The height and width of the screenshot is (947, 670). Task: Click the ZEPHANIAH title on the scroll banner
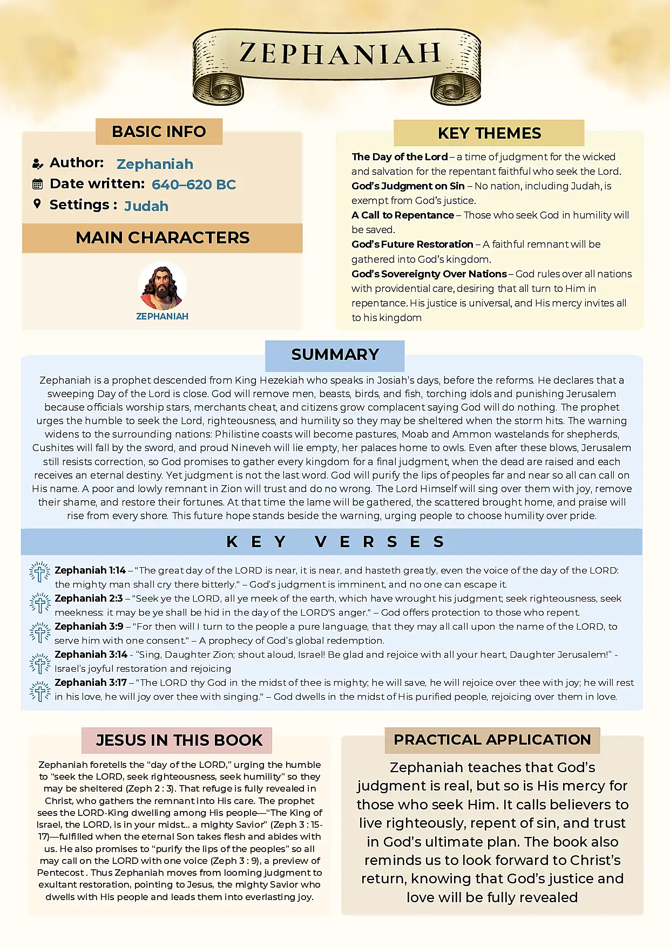[x=340, y=54]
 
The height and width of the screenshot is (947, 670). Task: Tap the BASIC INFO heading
[x=159, y=132]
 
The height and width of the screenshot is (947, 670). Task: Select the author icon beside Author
[x=37, y=163]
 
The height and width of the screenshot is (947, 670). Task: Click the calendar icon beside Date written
[x=37, y=184]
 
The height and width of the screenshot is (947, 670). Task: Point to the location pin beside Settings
[x=37, y=204]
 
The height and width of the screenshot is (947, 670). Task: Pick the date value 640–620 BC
[x=194, y=185]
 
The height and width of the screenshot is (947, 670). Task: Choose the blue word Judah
[x=146, y=206]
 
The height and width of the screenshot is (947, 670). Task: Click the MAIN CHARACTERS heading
[x=163, y=238]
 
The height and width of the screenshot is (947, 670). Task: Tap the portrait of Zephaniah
[x=163, y=286]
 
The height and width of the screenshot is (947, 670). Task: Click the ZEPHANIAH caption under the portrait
[x=163, y=316]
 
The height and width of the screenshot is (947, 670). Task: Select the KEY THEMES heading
[x=489, y=133]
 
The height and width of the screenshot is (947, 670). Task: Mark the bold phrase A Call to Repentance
[x=403, y=215]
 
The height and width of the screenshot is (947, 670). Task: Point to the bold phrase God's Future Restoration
[x=412, y=244]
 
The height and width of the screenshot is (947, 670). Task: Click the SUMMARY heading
[x=335, y=355]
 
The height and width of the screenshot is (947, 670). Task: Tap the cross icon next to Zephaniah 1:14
[x=40, y=572]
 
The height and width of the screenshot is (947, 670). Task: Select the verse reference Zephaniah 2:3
[x=89, y=598]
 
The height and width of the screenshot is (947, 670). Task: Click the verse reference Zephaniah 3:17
[x=91, y=683]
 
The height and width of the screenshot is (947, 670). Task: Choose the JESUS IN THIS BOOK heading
[x=179, y=740]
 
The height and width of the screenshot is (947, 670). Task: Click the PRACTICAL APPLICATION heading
[x=492, y=740]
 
